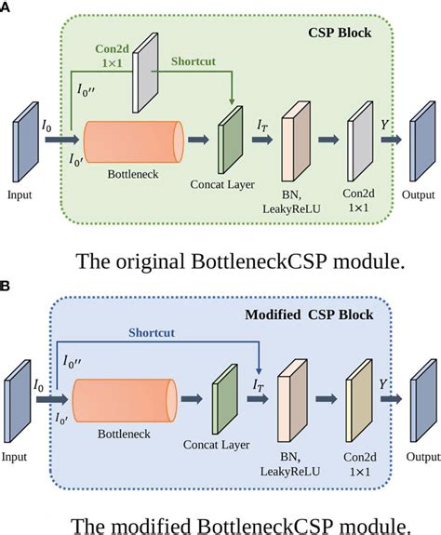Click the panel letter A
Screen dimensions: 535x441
click(7, 7)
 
